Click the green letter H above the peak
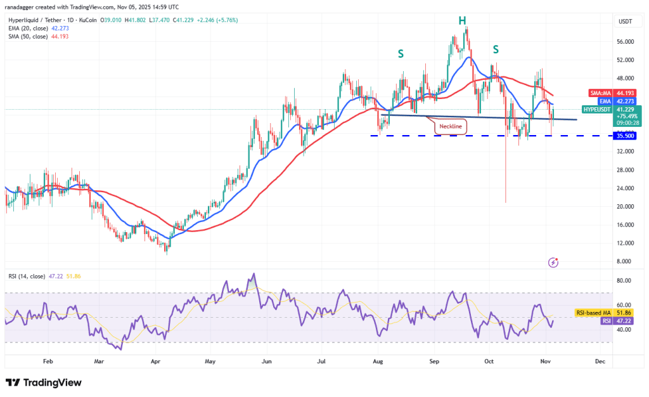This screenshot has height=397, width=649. coord(463,21)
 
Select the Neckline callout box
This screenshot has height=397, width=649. coord(451,127)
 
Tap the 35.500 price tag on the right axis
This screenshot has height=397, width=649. coord(625,136)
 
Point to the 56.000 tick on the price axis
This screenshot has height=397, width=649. coord(625,42)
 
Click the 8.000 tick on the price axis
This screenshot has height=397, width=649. coord(624,261)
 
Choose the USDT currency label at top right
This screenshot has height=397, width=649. coord(625,22)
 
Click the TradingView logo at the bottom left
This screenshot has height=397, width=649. coord(44,382)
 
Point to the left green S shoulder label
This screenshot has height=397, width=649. coord(401,54)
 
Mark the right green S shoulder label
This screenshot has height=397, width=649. coord(496,49)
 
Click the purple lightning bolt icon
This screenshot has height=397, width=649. coord(554,261)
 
